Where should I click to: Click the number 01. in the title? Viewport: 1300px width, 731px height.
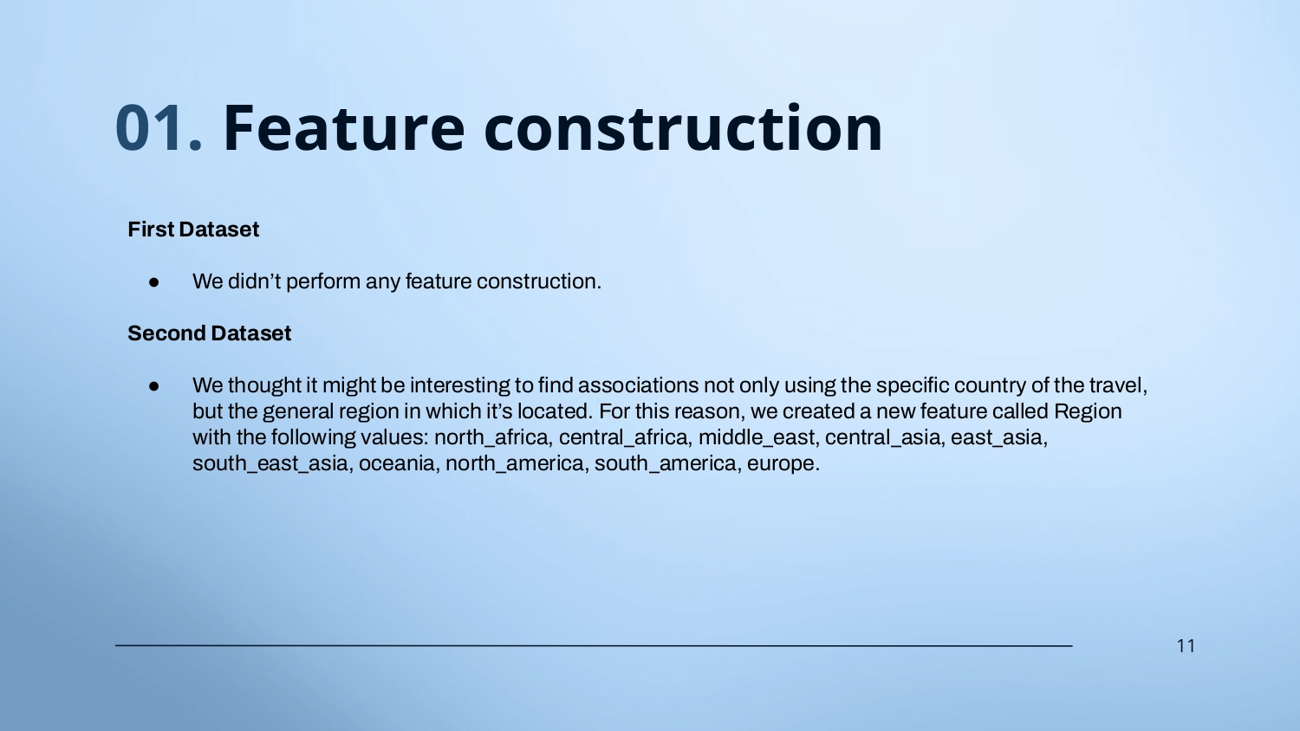coord(159,128)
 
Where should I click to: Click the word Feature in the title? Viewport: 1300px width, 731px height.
coord(343,128)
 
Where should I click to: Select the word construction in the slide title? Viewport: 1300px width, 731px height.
coord(683,128)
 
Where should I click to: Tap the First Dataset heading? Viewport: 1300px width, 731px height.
coord(193,230)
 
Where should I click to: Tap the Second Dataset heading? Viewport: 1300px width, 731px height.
coord(210,333)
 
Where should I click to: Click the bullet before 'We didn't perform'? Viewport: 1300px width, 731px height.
coord(153,282)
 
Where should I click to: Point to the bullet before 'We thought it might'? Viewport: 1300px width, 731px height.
coord(153,385)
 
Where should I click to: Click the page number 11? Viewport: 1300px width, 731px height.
coord(1186,646)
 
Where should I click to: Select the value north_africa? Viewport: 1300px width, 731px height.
coord(491,437)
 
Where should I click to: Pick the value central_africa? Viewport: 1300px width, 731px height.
coord(625,437)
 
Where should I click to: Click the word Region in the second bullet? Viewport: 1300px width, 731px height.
coord(1088,411)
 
